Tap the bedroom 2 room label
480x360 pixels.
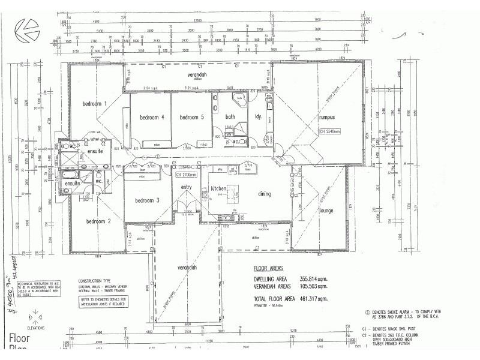(x=98, y=221)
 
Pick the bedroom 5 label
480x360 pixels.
(x=192, y=117)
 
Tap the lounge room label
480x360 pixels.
(x=326, y=211)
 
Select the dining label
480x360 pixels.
(x=264, y=194)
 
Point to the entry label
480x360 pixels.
(x=185, y=187)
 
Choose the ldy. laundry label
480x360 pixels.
(x=259, y=116)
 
